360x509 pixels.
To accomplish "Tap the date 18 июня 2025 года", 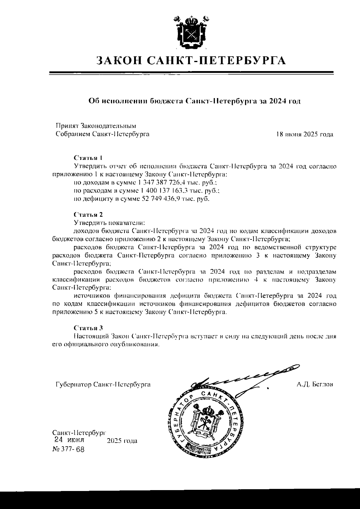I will coord(304,134).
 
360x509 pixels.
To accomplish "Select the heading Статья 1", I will coord(88,157).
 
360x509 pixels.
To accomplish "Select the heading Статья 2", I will coord(88,215).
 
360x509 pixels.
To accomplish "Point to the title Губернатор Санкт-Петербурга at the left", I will coord(103,384).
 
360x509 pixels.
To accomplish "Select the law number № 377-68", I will coord(68,449).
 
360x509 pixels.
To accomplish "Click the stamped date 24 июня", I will coord(69,440).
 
